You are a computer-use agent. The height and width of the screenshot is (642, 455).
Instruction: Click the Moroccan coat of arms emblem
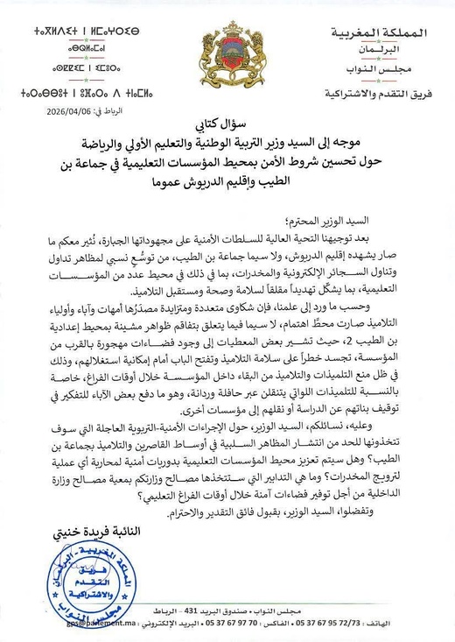[x=227, y=47]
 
